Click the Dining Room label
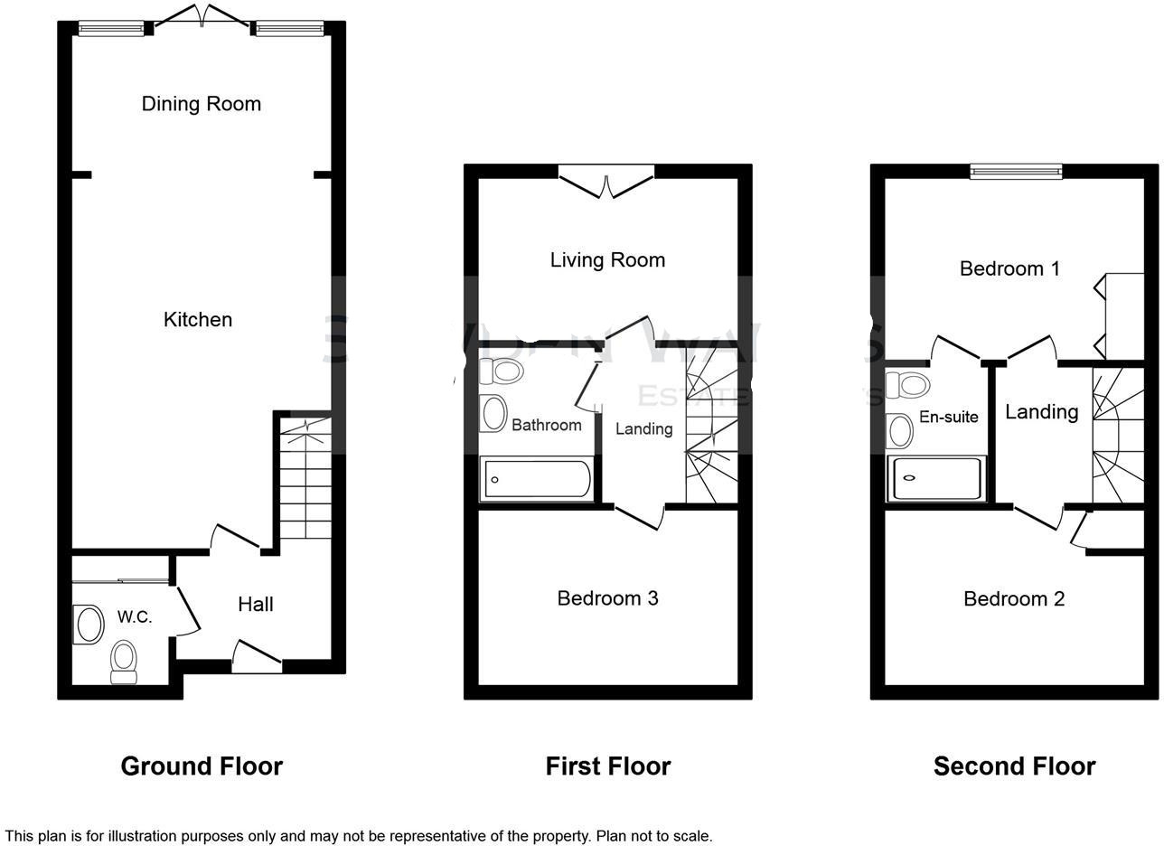(x=201, y=104)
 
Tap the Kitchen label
(x=197, y=319)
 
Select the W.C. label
(x=134, y=617)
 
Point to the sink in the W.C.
(x=89, y=625)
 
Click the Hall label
(x=256, y=605)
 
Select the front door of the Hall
(x=257, y=658)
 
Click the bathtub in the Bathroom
(x=537, y=479)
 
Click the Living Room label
(x=607, y=260)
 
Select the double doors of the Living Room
(x=606, y=180)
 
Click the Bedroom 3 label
(x=607, y=598)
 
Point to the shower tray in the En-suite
(x=936, y=478)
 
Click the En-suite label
(x=948, y=417)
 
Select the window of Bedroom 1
(x=1016, y=171)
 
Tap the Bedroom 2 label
(x=1014, y=599)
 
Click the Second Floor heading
(x=1014, y=766)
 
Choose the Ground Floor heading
(x=202, y=766)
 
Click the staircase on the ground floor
(x=305, y=488)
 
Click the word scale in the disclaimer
(x=691, y=836)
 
